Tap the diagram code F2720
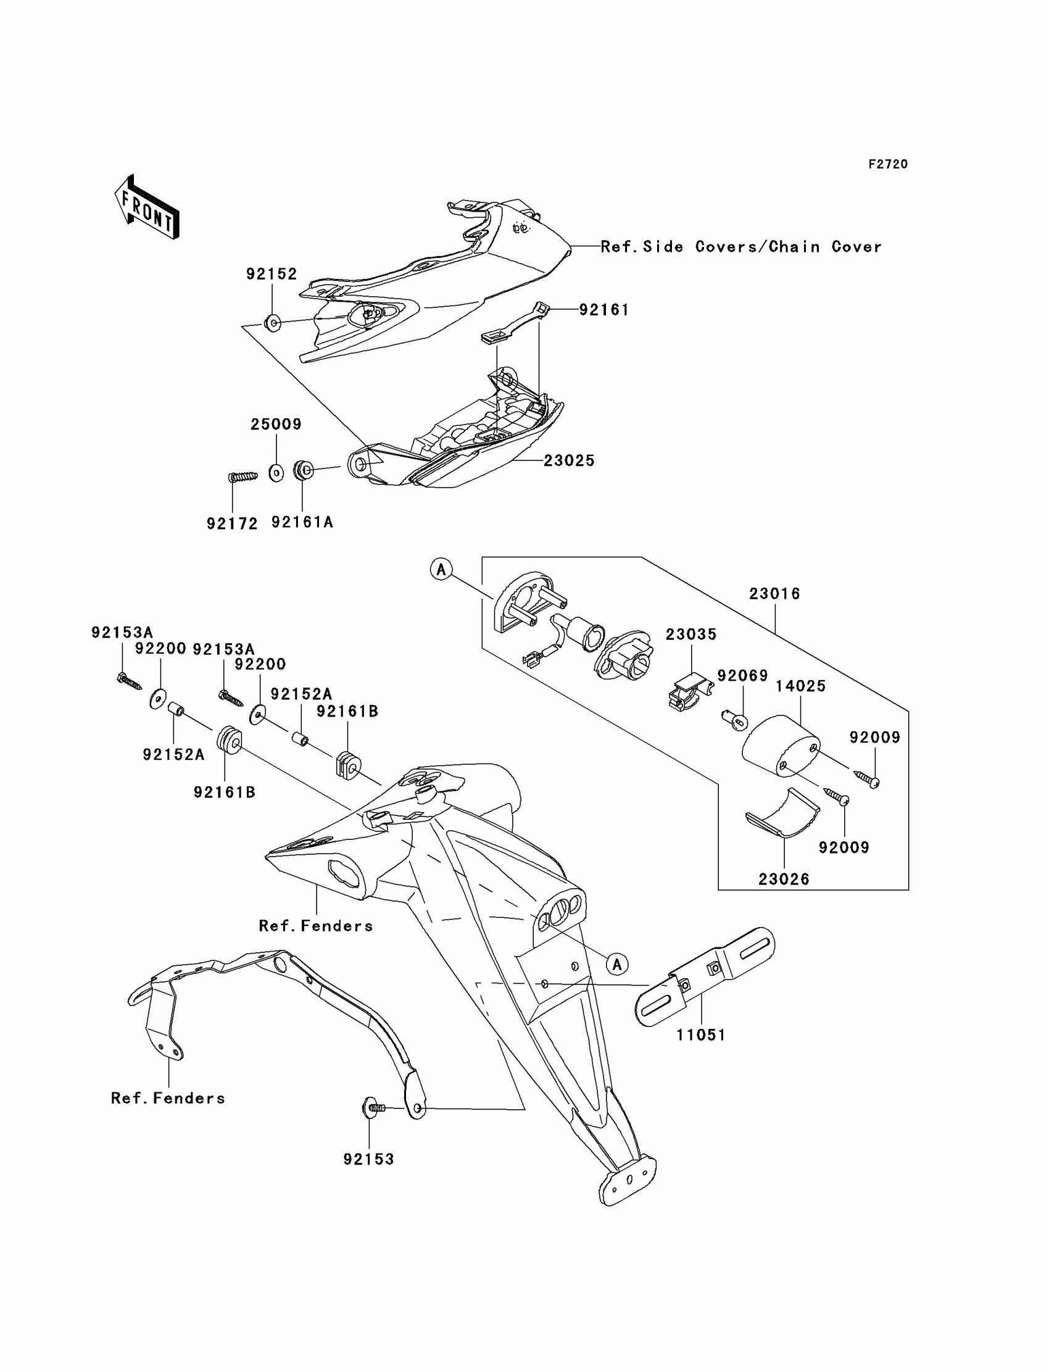coord(888,164)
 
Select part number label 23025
coord(569,461)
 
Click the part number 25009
coord(276,425)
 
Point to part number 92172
coord(232,524)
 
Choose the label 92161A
coord(302,523)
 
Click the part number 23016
coord(774,594)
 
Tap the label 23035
coord(690,634)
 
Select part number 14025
coord(800,686)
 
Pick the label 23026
coord(784,879)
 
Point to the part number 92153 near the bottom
coord(369,1160)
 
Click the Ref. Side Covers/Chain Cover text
coord(741,247)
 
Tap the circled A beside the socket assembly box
coord(441,570)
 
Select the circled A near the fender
coord(617,964)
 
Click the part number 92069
coord(742,676)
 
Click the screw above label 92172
coord(243,476)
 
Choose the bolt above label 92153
coord(373,1108)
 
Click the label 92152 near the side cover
coord(271,274)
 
